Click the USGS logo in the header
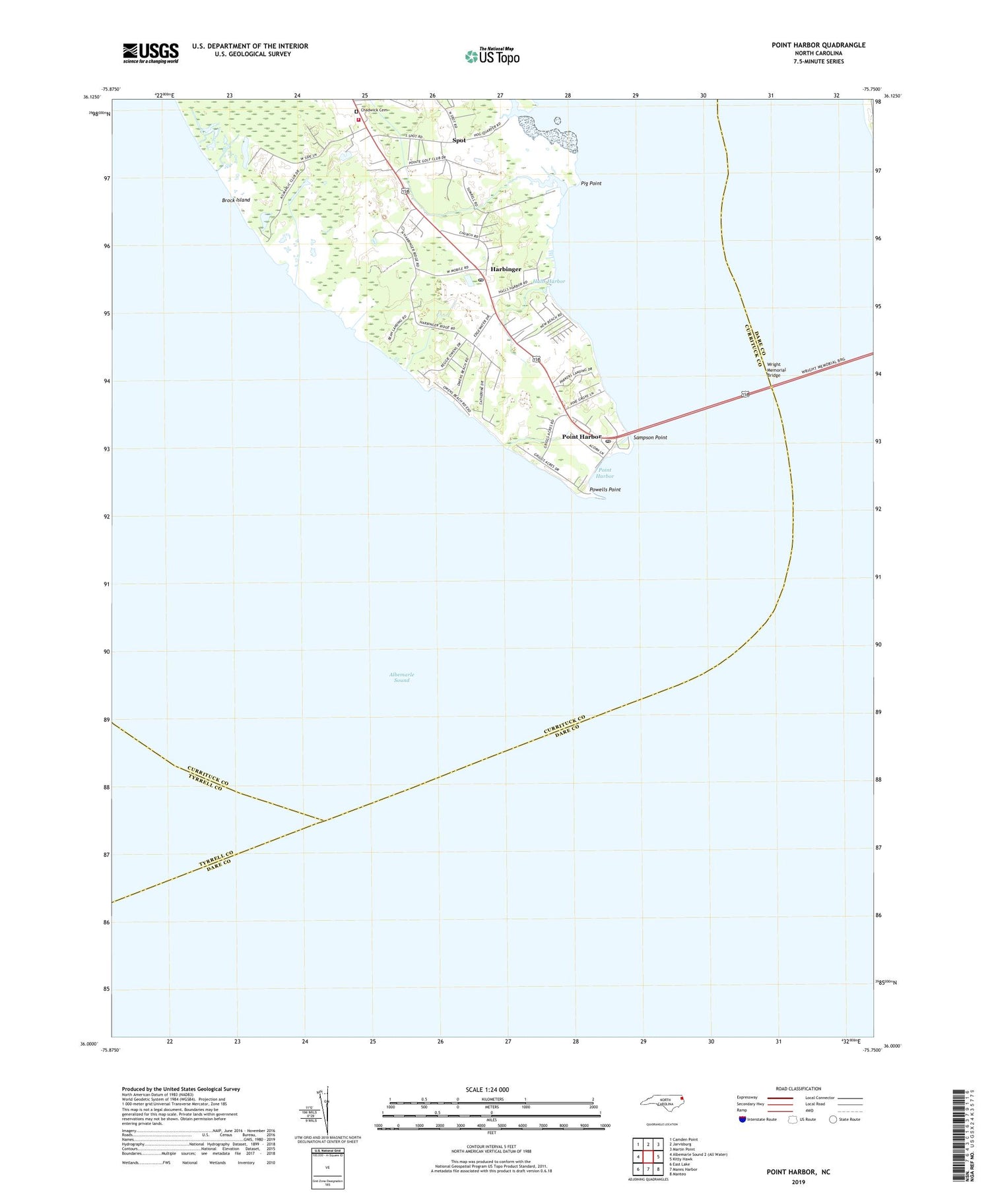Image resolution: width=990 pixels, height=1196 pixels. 150,53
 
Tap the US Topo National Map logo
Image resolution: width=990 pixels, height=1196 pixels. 492,56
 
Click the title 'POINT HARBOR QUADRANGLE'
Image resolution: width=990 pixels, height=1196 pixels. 818,45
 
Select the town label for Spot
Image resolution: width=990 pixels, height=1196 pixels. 459,141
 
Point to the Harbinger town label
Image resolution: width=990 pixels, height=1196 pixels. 506,269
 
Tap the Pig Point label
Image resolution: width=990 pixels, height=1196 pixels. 591,183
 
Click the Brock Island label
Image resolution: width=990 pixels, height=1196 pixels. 236,199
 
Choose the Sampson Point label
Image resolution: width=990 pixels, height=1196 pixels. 650,437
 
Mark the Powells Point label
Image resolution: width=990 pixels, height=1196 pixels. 605,489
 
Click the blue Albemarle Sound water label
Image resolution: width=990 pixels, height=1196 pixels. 401,677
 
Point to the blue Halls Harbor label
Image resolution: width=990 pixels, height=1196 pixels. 549,281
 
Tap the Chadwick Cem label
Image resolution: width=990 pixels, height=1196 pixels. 376,110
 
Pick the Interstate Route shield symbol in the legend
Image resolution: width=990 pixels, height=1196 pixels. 742,1119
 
